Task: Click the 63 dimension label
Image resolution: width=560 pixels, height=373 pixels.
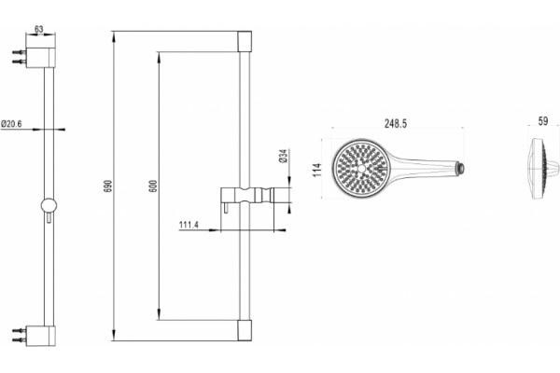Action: tap(38, 29)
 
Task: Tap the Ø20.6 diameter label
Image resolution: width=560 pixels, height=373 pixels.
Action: tap(11, 123)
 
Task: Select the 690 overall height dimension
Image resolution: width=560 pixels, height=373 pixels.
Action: tap(108, 186)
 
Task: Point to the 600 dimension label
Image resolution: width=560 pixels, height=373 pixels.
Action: tap(153, 186)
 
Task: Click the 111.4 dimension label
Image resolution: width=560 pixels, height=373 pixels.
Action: tap(189, 225)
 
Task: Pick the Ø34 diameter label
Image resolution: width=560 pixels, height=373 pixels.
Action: tap(283, 156)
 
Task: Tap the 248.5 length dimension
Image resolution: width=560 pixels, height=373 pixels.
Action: tap(396, 123)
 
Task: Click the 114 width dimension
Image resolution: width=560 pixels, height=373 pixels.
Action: tap(316, 170)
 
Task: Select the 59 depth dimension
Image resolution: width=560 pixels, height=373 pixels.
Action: tap(543, 121)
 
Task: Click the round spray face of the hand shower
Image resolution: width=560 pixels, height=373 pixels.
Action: tap(361, 168)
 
